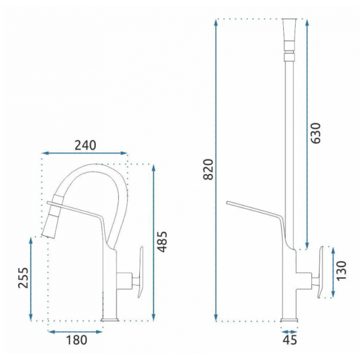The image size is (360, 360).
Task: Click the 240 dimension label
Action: click(x=85, y=145)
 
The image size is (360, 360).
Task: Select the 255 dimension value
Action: click(x=23, y=277)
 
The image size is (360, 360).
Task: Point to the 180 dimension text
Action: click(x=77, y=340)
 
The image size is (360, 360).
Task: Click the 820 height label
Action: click(x=208, y=169)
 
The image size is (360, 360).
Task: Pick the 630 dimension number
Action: click(x=316, y=133)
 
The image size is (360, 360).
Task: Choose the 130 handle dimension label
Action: click(x=341, y=271)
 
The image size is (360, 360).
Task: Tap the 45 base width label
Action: click(x=290, y=340)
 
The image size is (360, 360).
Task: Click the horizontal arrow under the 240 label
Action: click(x=85, y=153)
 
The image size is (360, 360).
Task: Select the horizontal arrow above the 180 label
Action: click(x=75, y=332)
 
